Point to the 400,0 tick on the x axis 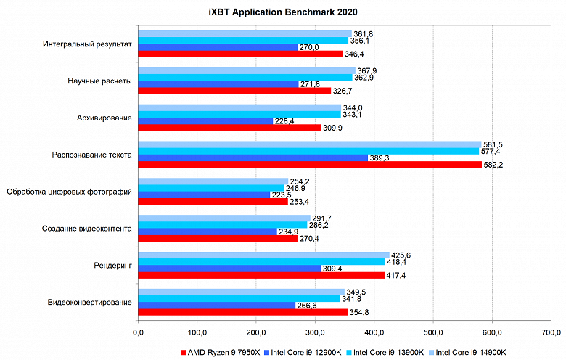[374, 333]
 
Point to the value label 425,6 [401, 254]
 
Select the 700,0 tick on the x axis [551, 333]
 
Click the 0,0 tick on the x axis [138, 333]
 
